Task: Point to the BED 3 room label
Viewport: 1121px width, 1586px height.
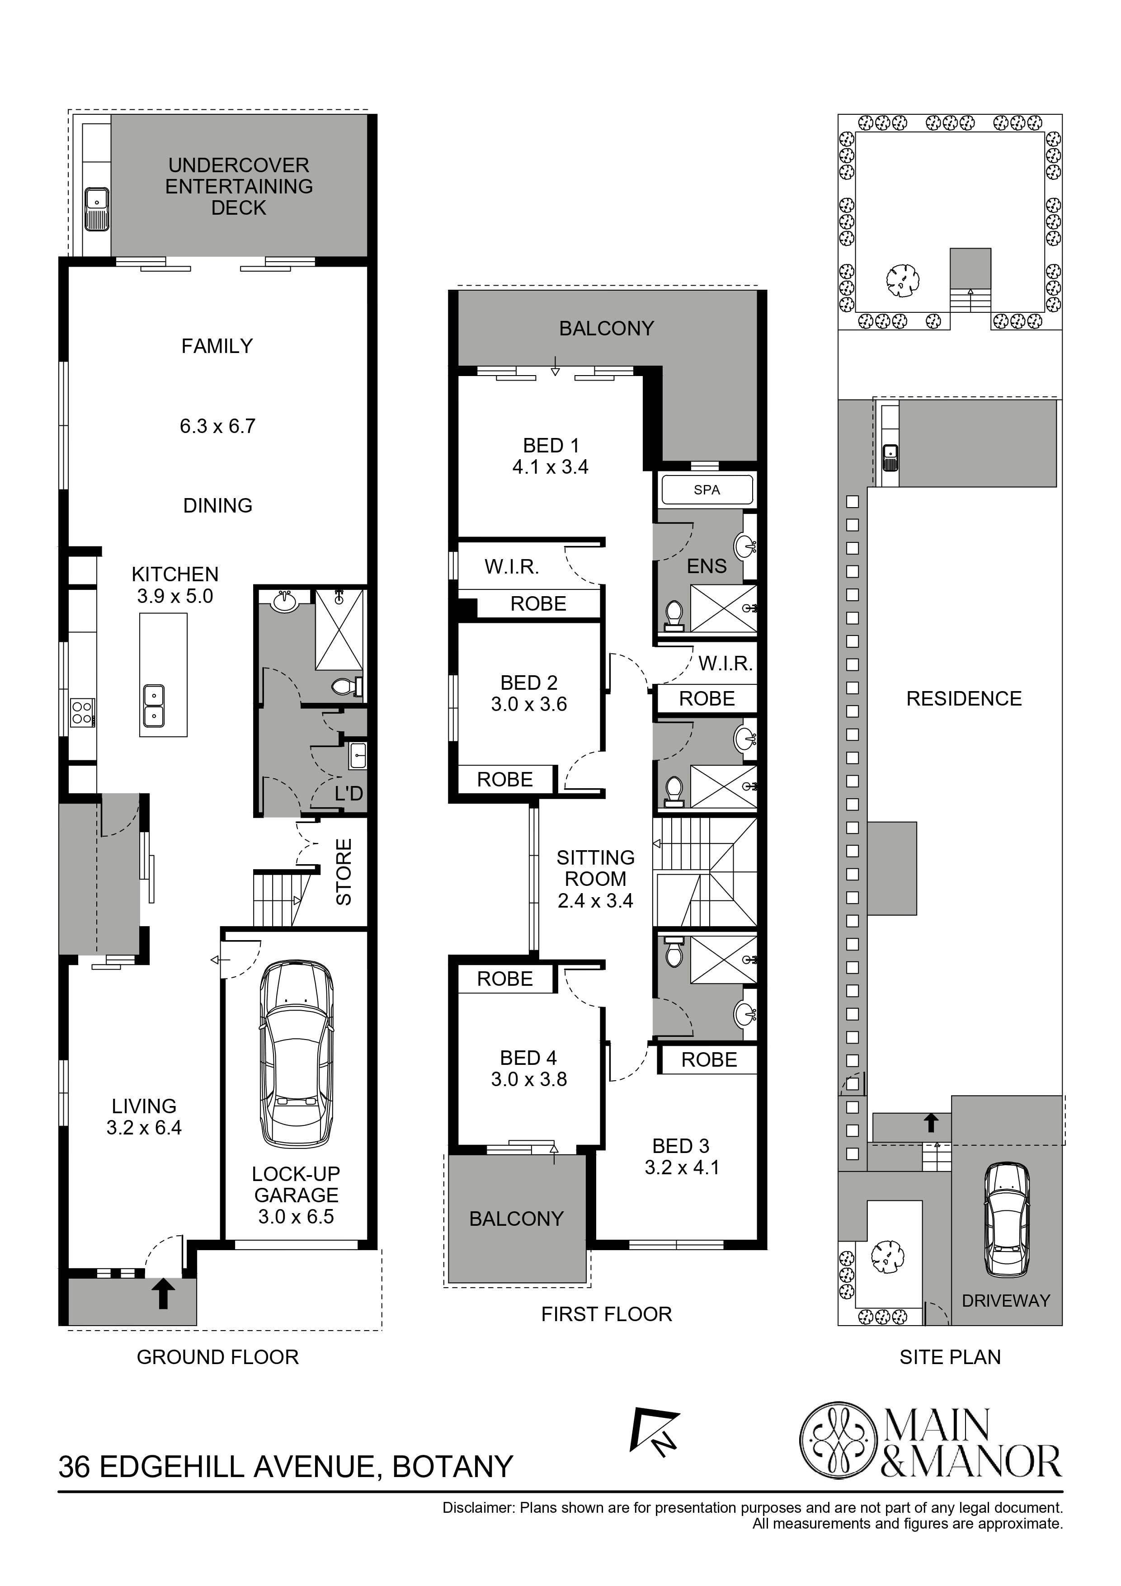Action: point(681,1146)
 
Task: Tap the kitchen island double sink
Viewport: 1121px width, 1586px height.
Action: point(153,706)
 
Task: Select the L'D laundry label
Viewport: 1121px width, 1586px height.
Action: point(349,794)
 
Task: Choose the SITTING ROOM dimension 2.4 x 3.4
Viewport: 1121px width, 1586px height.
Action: point(595,901)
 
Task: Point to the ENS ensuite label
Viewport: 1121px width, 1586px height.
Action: point(707,566)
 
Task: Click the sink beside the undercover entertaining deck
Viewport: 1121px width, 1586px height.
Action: point(96,209)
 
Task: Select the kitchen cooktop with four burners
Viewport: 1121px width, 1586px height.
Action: point(82,712)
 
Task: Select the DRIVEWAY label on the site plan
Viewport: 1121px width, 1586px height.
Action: point(1006,1301)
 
